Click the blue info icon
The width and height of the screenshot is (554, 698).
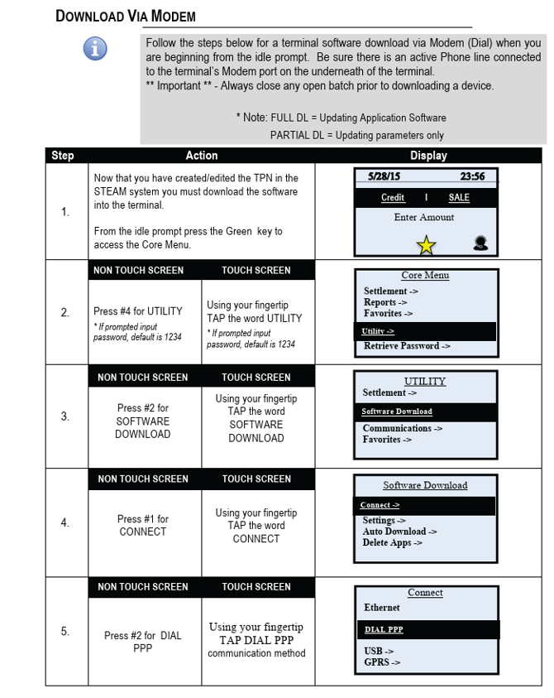pos(95,49)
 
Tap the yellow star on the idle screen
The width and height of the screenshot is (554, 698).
pos(427,245)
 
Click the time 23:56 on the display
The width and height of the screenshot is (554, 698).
pos(472,176)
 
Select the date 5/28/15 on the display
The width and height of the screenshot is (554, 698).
pos(384,176)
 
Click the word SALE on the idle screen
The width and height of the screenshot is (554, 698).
pos(459,198)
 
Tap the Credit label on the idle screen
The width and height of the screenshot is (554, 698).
pos(393,198)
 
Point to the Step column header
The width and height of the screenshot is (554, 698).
pos(63,156)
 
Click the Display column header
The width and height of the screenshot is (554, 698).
pos(428,156)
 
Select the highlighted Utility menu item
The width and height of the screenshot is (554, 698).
pos(378,331)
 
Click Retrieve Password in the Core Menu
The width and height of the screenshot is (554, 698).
pos(407,346)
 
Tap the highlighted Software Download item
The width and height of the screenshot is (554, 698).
pos(397,412)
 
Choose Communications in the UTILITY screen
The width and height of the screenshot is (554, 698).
pos(402,428)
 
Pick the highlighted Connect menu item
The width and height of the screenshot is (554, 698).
pos(380,505)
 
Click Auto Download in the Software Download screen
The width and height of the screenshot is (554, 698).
pos(399,532)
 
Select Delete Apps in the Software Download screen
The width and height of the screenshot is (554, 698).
pos(392,543)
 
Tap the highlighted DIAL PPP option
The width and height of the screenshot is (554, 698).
pos(384,630)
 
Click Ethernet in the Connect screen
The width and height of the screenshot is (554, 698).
pos(382,608)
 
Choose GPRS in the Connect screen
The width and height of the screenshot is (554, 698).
pos(382,662)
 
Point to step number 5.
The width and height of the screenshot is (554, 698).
pos(65,632)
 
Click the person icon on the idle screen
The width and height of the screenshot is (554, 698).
pos(480,243)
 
